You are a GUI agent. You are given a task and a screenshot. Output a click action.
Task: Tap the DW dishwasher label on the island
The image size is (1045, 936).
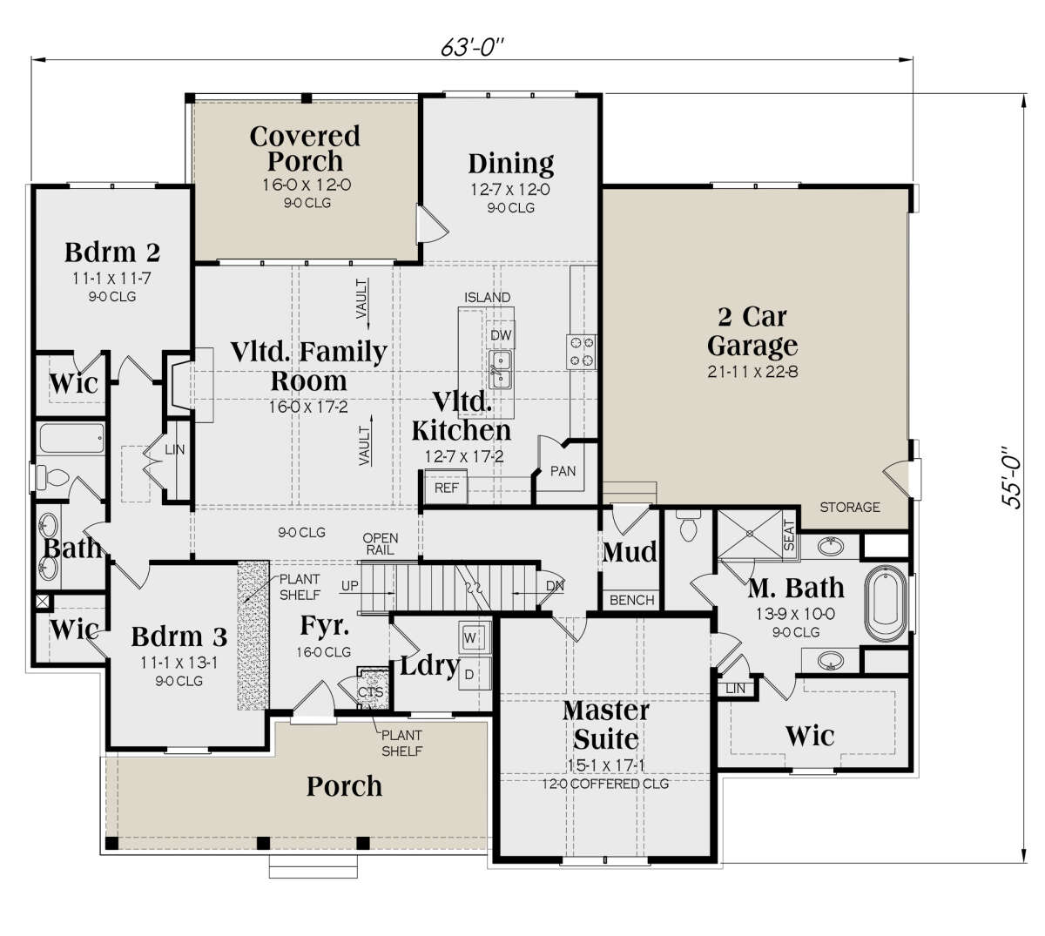coord(500,335)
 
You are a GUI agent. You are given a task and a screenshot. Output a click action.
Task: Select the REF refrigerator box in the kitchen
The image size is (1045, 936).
coord(445,488)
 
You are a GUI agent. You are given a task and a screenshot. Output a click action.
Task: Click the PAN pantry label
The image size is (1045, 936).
coord(563,471)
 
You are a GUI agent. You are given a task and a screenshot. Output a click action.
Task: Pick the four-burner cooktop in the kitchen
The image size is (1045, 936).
coord(582,352)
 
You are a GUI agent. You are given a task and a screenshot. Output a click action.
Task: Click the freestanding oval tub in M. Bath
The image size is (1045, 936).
coord(887,603)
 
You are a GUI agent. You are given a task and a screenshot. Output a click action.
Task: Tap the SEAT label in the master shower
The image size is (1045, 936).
coord(789,535)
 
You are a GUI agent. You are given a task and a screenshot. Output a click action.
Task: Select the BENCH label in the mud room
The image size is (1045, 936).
coord(631,600)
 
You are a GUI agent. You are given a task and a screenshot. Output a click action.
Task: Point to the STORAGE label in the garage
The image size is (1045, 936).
coord(850,507)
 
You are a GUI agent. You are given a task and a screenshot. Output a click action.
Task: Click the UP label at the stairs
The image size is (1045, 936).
coord(350,586)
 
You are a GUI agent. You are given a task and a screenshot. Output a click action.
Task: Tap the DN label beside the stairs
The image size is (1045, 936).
coord(555,586)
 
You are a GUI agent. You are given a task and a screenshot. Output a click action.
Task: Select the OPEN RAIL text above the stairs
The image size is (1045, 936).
coord(381,544)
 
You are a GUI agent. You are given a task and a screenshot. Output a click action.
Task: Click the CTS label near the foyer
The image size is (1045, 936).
coord(370,691)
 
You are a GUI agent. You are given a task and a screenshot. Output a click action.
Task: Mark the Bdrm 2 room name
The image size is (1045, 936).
coord(112,253)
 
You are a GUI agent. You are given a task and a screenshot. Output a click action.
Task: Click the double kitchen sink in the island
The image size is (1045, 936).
coord(501,369)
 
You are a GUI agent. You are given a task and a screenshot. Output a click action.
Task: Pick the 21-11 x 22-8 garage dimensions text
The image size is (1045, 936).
coord(752,371)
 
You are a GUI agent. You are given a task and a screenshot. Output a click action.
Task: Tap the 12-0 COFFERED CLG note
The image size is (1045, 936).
coord(605,784)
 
